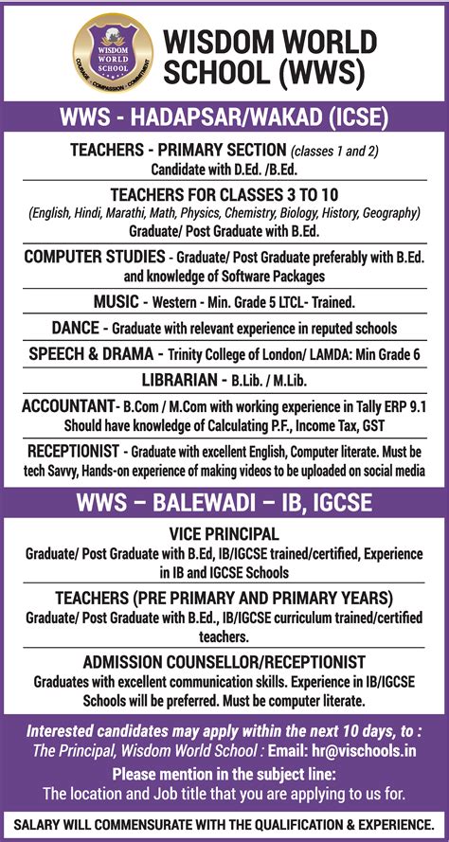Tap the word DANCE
coord(76,328)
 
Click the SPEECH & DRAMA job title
coord(91,353)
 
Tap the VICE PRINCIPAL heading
coord(224,533)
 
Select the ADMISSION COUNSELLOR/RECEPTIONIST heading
coord(224,661)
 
